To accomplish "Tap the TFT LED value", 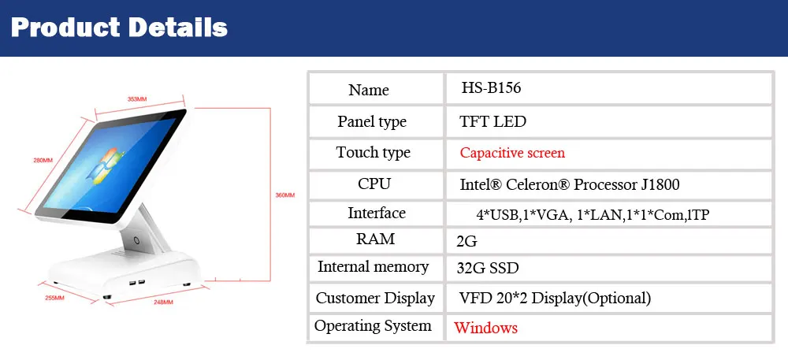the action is [x=493, y=121].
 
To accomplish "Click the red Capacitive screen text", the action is [x=513, y=153].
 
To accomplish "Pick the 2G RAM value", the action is [x=466, y=242].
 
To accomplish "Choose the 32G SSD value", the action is [x=488, y=268].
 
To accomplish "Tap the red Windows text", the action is [x=486, y=328].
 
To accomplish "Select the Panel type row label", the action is [x=372, y=122].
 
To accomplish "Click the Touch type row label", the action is [x=374, y=153].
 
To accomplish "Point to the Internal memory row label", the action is [x=374, y=266].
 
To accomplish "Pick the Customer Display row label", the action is [x=375, y=298].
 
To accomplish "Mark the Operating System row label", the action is [x=373, y=326].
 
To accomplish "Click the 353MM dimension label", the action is [x=137, y=99].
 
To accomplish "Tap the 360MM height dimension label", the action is [x=285, y=195].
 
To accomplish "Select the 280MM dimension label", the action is [x=43, y=161].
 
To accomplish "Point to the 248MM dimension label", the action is [x=163, y=302].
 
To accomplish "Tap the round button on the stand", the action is [x=136, y=240].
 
